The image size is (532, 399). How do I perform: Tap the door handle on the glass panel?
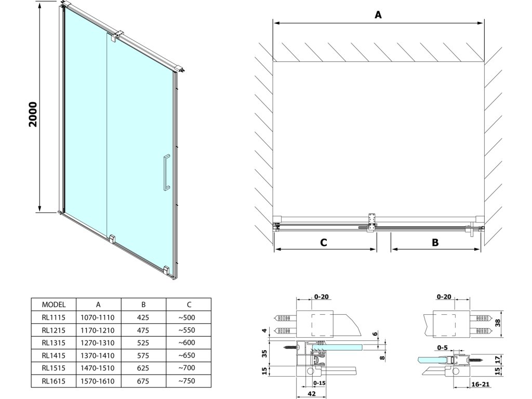coord(165,172)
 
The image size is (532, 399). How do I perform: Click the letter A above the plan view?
coord(378,15)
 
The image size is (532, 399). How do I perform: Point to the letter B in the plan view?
coord(435,242)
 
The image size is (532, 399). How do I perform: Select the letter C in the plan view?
coord(323,242)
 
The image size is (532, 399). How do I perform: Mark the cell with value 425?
coord(143,317)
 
